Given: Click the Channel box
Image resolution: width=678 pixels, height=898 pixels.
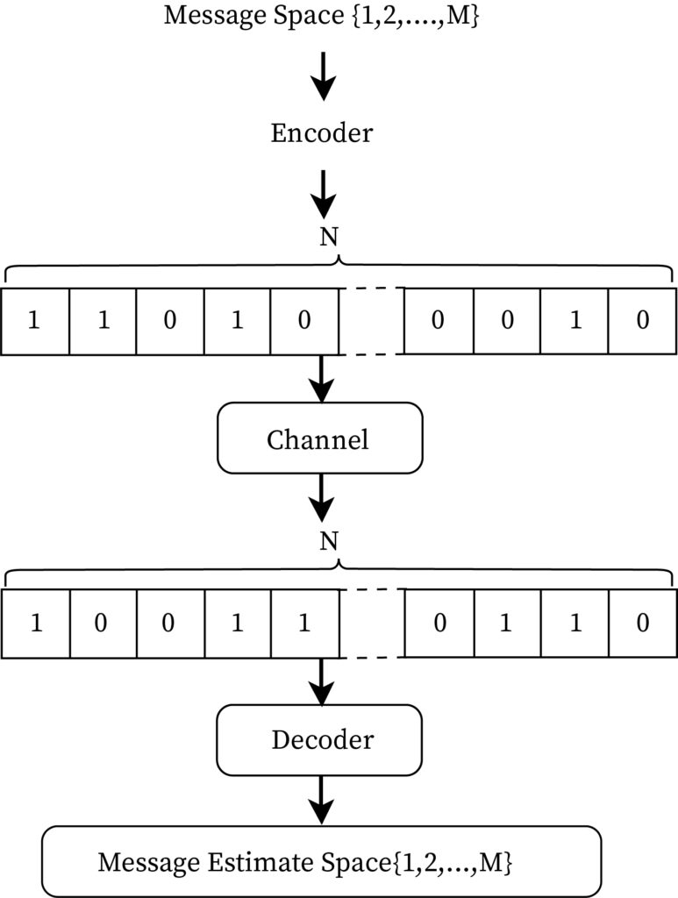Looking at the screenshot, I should (x=319, y=438).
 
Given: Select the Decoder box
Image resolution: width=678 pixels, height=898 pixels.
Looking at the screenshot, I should (x=319, y=739).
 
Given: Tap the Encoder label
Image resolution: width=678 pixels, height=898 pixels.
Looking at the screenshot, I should (x=321, y=133).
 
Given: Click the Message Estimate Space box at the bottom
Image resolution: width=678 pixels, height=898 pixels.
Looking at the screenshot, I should (x=322, y=861).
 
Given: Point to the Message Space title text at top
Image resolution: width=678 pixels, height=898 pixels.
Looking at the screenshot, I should (x=321, y=16).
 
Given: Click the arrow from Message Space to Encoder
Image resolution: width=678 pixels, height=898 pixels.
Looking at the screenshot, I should (x=324, y=75).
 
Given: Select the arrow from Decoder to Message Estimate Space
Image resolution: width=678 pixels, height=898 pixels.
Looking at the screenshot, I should (x=323, y=798).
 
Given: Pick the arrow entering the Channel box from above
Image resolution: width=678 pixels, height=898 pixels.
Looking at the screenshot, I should (x=324, y=376).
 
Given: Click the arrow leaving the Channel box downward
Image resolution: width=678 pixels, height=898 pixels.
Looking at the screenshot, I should (x=324, y=497).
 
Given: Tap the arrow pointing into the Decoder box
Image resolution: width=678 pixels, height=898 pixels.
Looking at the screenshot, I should (x=324, y=679).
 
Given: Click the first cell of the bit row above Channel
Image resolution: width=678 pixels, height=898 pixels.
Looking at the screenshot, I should (x=34, y=321).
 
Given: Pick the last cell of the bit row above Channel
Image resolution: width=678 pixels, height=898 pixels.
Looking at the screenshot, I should (x=643, y=321).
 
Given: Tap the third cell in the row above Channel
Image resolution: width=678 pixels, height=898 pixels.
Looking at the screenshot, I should (x=170, y=321).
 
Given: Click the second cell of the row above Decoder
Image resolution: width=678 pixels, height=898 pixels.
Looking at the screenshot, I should (x=103, y=624).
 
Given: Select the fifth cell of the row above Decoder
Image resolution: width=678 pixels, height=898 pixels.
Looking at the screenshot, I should (x=304, y=624).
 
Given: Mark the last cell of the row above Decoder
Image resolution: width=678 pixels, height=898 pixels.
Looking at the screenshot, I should (x=643, y=624).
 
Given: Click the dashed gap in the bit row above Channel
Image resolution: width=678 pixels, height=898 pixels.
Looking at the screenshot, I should (x=371, y=321).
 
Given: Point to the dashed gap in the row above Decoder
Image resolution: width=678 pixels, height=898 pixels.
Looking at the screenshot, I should (x=371, y=624).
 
